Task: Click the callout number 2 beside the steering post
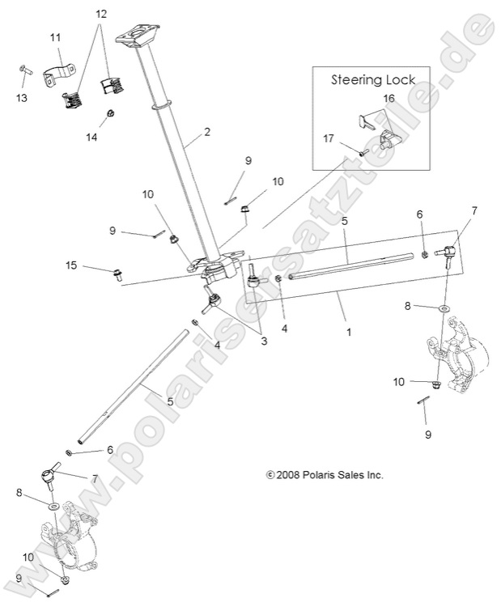(x=207, y=132)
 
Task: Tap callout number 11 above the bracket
(x=55, y=38)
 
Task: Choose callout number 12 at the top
(x=101, y=15)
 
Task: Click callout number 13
(x=21, y=98)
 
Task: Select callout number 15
(x=72, y=265)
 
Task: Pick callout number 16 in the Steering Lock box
(x=389, y=97)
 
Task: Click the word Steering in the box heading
(x=356, y=80)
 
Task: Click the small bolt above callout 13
(x=23, y=71)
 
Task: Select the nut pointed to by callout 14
(x=109, y=113)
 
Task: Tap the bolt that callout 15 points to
(x=117, y=274)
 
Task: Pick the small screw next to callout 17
(x=363, y=151)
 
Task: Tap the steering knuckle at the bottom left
(x=73, y=538)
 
